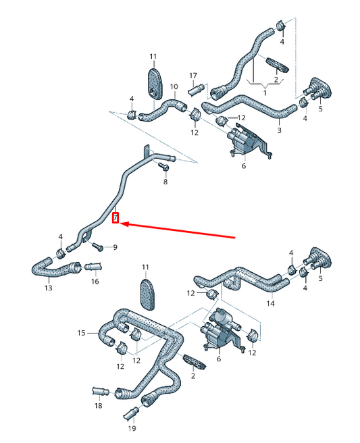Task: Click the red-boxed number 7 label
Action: pyautogui.click(x=115, y=218)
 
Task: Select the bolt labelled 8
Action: pyautogui.click(x=163, y=166)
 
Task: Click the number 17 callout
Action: pyautogui.click(x=192, y=75)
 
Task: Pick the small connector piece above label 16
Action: pyautogui.click(x=92, y=265)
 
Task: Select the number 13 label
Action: pyautogui.click(x=48, y=288)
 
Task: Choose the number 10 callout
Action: pyautogui.click(x=174, y=86)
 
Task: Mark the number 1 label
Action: pyautogui.click(x=265, y=93)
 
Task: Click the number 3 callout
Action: pyautogui.click(x=279, y=130)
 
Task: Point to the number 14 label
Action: pyautogui.click(x=270, y=304)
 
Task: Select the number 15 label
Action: pyautogui.click(x=81, y=333)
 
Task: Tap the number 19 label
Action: pyautogui.click(x=131, y=428)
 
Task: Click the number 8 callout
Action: pyautogui.click(x=165, y=182)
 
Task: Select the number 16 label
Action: pyautogui.click(x=95, y=282)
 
